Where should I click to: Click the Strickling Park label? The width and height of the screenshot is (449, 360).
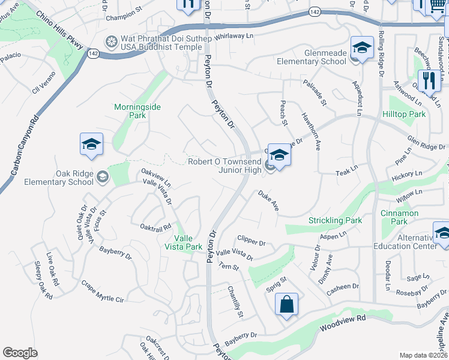click(x=335, y=220)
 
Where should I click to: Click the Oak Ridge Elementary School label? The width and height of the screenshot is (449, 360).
click(x=51, y=178)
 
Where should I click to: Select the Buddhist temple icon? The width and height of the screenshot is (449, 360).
click(x=110, y=42)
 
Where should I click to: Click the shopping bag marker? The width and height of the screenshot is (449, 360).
click(x=287, y=304)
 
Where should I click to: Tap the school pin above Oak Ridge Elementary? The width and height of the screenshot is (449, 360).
click(x=91, y=144)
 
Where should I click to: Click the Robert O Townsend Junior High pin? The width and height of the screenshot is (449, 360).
click(x=279, y=155)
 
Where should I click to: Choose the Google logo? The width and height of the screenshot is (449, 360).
click(x=20, y=353)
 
